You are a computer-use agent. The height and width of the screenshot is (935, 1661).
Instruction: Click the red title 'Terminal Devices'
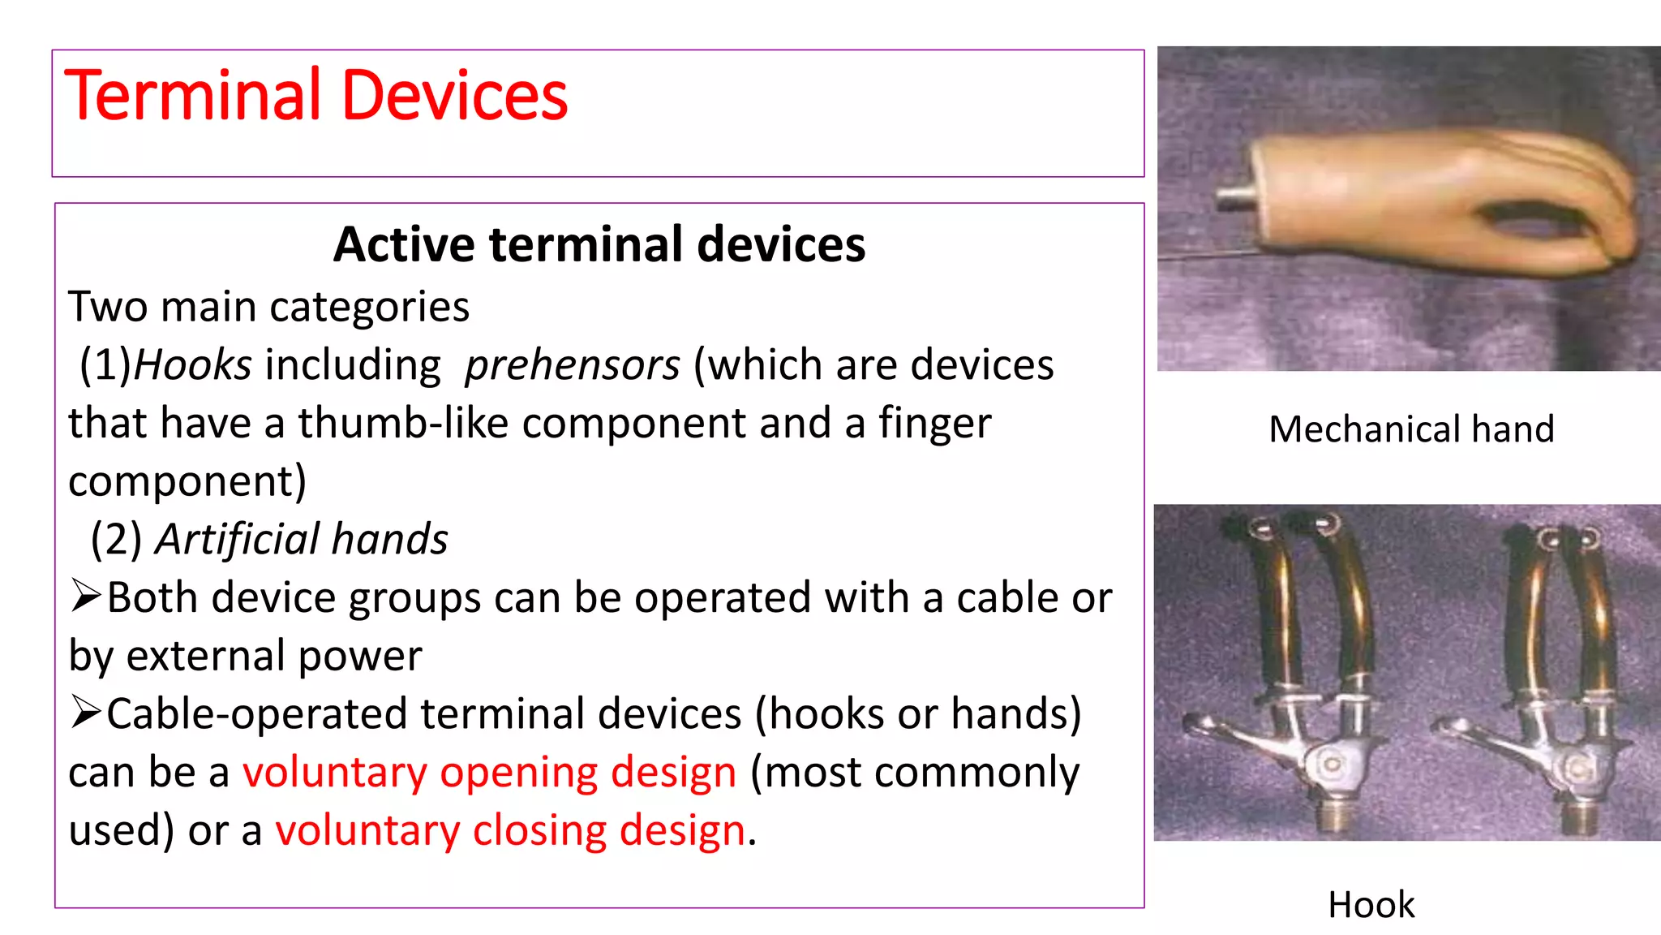tap(315, 96)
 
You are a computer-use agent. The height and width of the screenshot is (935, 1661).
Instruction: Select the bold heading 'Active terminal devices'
tap(599, 244)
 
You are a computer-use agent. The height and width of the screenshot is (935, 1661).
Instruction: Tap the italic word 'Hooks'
tap(192, 364)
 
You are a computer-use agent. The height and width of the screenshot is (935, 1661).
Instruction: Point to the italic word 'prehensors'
tap(572, 364)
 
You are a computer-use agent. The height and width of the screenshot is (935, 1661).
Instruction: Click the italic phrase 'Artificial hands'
tap(301, 539)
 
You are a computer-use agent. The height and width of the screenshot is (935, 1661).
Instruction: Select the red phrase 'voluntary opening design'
tap(489, 772)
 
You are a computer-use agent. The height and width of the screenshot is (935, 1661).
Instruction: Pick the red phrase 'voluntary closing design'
tap(510, 830)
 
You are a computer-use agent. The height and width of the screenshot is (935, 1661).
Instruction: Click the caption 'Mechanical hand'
tap(1411, 429)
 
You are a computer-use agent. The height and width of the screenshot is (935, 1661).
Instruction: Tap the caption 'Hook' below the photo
tap(1371, 904)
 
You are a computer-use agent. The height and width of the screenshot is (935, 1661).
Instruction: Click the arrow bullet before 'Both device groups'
tap(85, 596)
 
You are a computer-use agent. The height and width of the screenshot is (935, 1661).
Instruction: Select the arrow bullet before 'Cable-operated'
tap(85, 712)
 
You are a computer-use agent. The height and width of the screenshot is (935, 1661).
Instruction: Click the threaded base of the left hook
tap(1333, 812)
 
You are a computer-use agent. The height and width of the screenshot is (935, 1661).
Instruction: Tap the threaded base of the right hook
tap(1578, 816)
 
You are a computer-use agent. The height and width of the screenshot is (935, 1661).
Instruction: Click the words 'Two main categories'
tap(268, 307)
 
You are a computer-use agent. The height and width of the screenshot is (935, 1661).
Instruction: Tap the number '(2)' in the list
tap(116, 539)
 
